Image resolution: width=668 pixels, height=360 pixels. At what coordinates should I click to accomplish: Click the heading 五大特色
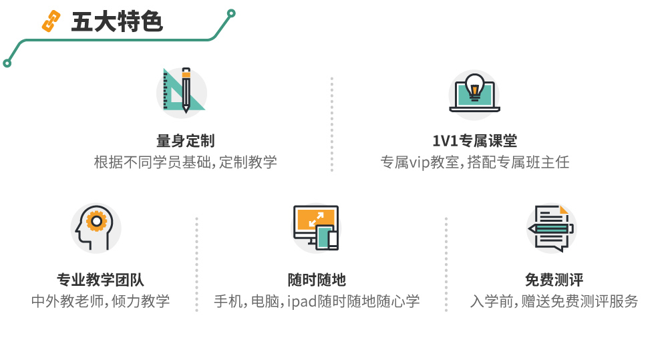116,22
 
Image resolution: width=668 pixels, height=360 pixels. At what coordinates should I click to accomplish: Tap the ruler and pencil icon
181,91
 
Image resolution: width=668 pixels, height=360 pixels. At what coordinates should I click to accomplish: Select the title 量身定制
185,141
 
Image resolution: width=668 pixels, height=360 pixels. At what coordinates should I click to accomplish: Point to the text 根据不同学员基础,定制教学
185,162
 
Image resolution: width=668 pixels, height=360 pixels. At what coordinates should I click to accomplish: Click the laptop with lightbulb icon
474,94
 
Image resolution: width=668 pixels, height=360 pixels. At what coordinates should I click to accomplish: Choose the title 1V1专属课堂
474,141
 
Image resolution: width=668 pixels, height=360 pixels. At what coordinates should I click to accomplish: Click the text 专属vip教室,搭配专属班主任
474,162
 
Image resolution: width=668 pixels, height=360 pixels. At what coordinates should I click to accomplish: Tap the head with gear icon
96,228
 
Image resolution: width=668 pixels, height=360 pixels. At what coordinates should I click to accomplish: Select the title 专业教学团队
100,280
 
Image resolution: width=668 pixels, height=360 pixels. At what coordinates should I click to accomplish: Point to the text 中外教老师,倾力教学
100,301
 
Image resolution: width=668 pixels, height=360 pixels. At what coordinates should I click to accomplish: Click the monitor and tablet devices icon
316,228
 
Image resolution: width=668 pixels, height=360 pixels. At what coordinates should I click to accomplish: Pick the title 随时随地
317,280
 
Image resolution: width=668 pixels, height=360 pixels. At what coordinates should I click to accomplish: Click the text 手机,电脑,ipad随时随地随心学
317,301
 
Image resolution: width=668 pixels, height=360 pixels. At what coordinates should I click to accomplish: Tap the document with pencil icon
551,228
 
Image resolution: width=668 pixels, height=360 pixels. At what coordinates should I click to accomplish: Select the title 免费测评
554,280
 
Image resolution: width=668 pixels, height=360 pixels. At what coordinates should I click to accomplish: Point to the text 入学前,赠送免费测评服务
554,301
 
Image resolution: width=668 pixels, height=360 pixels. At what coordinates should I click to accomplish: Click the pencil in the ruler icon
186,89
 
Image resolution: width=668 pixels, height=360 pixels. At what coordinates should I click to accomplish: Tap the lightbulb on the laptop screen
474,86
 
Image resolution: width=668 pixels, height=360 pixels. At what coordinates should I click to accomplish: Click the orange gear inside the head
98,220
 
